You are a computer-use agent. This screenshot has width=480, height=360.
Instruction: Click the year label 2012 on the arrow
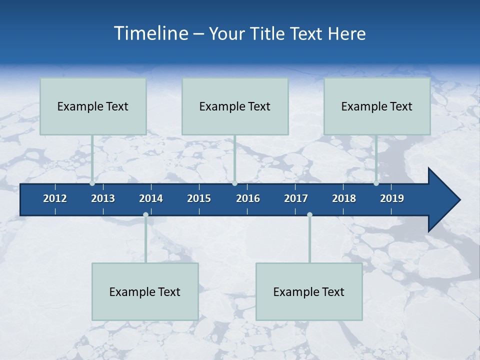click(x=55, y=198)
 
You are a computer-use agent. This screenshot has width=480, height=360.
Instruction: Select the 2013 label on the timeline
click(x=103, y=198)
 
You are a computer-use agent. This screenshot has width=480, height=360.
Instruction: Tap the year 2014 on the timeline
click(x=151, y=198)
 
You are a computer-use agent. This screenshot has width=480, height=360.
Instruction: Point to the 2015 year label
click(x=199, y=198)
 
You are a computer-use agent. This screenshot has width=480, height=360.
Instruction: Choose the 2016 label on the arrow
click(x=248, y=198)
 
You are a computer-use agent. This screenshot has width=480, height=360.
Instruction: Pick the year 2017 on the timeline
click(x=296, y=198)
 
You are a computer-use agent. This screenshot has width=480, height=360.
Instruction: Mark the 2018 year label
click(x=344, y=198)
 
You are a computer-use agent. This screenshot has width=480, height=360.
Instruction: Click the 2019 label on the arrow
click(x=392, y=198)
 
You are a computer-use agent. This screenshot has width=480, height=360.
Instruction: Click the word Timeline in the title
click(x=150, y=33)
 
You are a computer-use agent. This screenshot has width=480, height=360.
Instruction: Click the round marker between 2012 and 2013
click(x=92, y=183)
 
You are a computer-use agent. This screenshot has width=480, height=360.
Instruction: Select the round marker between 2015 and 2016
click(x=234, y=183)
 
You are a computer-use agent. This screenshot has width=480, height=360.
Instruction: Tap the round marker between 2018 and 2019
click(x=376, y=183)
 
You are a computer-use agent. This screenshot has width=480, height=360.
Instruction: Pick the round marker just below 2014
click(x=145, y=215)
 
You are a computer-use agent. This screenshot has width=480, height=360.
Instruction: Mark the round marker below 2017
click(x=309, y=215)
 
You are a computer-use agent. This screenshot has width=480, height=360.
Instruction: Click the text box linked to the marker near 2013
click(x=93, y=106)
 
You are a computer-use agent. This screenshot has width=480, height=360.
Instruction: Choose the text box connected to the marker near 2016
click(x=235, y=106)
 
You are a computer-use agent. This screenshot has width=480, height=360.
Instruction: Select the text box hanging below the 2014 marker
click(x=145, y=291)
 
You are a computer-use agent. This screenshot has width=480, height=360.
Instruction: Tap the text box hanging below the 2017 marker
click(x=309, y=291)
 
